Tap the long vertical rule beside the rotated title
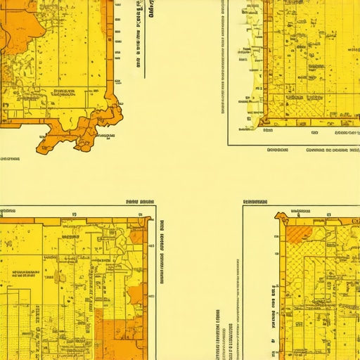[146, 39]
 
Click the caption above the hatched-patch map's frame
[256, 202]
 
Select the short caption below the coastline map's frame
[277, 150]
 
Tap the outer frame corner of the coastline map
[229, 144]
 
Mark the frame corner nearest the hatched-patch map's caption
[243, 207]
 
